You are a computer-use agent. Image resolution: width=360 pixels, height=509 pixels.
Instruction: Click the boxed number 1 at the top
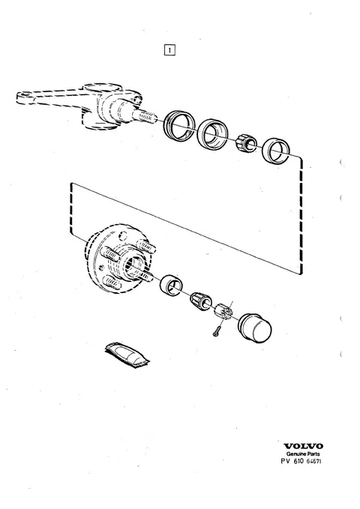[169, 50]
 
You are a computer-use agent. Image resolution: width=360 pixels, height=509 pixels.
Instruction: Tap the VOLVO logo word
[303, 446]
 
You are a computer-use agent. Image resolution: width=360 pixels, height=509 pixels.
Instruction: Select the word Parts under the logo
[313, 454]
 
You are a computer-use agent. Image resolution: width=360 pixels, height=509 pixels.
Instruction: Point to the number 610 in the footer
[298, 461]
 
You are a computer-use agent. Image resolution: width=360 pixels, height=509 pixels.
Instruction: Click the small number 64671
[313, 461]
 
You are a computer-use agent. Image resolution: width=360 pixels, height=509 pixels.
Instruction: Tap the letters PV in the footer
[285, 461]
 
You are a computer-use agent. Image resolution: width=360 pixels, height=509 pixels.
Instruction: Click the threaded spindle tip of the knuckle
[145, 116]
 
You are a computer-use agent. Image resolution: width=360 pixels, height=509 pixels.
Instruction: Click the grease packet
[127, 355]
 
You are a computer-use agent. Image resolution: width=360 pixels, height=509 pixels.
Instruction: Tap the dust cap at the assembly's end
[255, 328]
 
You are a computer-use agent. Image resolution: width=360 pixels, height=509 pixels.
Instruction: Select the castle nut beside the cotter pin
[223, 311]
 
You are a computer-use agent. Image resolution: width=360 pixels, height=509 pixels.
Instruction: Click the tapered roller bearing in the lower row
[201, 301]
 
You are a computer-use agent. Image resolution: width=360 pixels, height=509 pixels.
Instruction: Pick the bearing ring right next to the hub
[171, 284]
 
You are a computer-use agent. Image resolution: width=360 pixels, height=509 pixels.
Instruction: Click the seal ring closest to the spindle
[179, 126]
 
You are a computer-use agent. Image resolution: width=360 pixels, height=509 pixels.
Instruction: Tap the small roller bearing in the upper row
[246, 143]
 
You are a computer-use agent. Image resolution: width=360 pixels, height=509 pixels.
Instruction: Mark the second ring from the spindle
[212, 133]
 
